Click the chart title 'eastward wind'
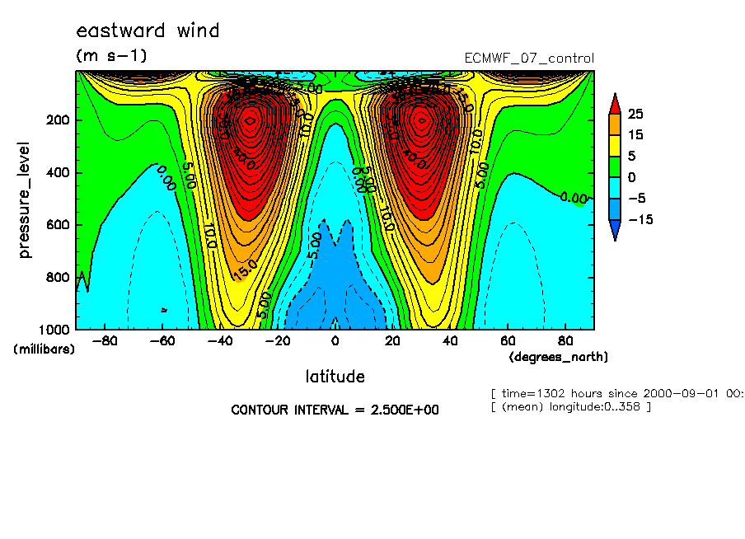point(148,31)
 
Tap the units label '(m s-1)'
point(111,56)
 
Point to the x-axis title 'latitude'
point(335,377)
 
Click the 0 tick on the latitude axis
point(335,340)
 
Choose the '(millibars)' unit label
point(44,349)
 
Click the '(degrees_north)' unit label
point(559,357)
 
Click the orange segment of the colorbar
point(615,124)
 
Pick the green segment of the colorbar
point(615,166)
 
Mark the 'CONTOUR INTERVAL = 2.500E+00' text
point(335,410)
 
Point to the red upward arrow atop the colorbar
point(615,102)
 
